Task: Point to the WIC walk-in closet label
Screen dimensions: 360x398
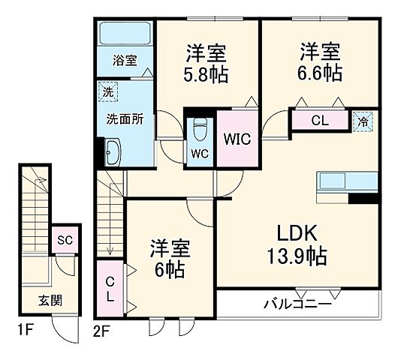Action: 236,138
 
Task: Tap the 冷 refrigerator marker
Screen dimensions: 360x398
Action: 363,120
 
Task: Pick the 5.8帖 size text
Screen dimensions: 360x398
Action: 207,75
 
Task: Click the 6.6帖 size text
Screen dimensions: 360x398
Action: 321,75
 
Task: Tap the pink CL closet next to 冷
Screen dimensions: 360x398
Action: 318,119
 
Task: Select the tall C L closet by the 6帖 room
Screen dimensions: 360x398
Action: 110,289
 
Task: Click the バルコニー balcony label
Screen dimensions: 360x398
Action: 297,304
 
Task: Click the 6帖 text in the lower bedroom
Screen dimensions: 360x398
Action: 169,258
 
